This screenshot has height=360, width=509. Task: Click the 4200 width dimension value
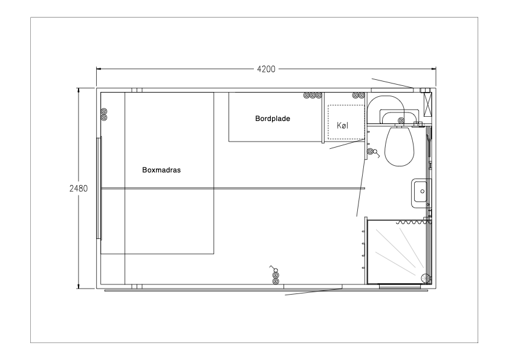click(266, 69)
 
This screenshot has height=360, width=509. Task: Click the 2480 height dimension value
click(79, 188)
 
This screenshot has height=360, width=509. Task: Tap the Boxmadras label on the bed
click(161, 170)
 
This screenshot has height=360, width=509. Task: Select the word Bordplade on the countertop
click(273, 119)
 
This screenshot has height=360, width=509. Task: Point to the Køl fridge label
click(342, 126)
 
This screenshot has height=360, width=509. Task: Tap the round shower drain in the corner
click(424, 278)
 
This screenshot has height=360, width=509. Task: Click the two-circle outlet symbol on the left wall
click(104, 114)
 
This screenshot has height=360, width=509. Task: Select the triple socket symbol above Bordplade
click(313, 95)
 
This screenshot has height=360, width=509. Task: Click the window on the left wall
click(100, 188)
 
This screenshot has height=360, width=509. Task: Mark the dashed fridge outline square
click(342, 122)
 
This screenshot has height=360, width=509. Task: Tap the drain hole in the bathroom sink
click(422, 192)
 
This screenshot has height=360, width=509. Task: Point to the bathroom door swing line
click(361, 175)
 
